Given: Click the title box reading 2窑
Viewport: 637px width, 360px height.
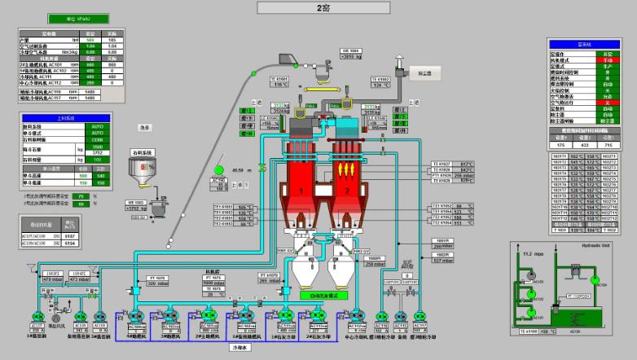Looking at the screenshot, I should [x=322, y=8].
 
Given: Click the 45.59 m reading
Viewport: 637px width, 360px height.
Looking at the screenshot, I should [x=241, y=170].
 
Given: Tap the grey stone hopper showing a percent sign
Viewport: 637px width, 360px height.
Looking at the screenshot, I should [x=143, y=169].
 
